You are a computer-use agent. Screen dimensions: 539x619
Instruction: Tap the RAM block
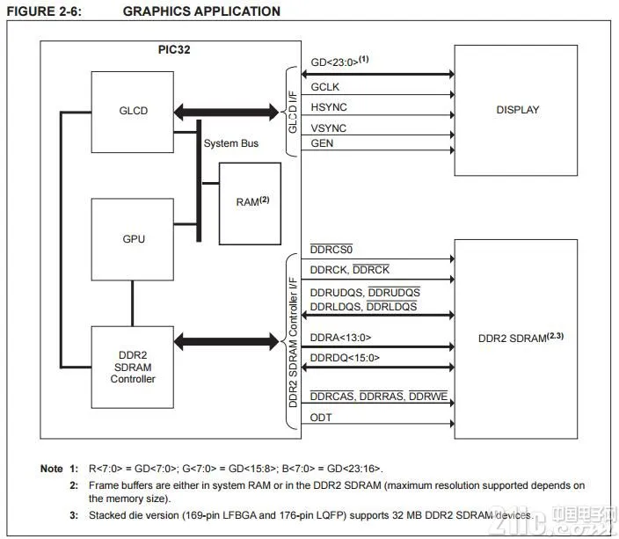250,203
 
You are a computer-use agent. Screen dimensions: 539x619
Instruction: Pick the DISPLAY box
517,111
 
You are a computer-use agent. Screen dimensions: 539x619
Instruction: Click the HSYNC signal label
329,108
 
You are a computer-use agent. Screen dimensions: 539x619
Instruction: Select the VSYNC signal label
329,128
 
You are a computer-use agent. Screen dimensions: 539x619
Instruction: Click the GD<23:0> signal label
339,63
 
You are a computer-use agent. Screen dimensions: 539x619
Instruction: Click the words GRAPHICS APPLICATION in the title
201,11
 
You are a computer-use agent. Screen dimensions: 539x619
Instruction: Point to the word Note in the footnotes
51,468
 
